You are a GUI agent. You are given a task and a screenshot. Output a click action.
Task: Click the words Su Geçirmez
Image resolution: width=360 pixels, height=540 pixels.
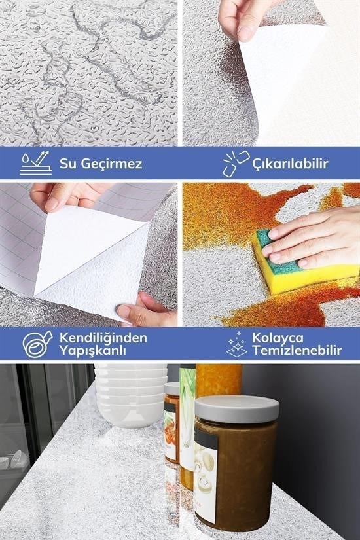pyautogui.click(x=101, y=164)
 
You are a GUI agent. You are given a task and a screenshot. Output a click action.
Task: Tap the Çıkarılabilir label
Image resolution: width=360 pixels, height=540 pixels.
pyautogui.click(x=290, y=164)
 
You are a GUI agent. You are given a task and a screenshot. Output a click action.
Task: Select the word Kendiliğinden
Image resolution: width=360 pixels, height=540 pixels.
pyautogui.click(x=103, y=338)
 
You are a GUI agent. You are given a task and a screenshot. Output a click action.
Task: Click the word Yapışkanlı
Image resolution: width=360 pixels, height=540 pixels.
pyautogui.click(x=92, y=351)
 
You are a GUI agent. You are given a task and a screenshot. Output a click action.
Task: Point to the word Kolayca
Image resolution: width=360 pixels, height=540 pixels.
pyautogui.click(x=278, y=338)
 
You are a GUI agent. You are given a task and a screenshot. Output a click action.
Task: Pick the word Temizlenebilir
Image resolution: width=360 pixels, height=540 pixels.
pyautogui.click(x=297, y=351)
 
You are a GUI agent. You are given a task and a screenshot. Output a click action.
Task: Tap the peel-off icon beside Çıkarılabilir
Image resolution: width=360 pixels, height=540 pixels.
pyautogui.click(x=236, y=164)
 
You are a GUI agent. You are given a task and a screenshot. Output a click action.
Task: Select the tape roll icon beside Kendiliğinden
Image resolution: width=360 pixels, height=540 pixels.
pyautogui.click(x=37, y=344)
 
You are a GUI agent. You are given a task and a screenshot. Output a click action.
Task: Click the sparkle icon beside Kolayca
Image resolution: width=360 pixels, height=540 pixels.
pyautogui.click(x=237, y=344)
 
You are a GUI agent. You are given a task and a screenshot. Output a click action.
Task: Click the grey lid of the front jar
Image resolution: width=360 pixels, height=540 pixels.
pyautogui.click(x=237, y=409)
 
